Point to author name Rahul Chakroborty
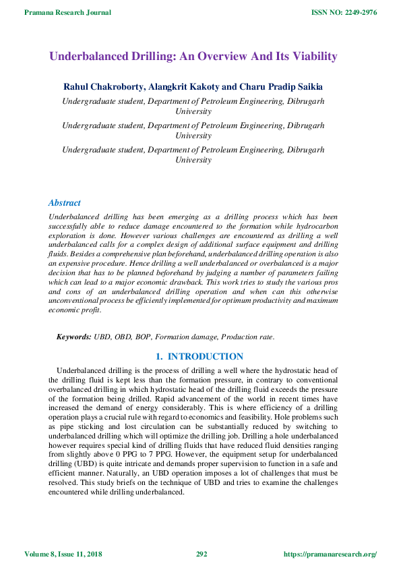point(102,88)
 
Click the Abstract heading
point(65,202)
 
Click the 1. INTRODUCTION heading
point(199,356)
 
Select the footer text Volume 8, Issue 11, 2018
point(72,554)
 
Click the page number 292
point(201,554)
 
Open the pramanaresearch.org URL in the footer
point(330,554)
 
